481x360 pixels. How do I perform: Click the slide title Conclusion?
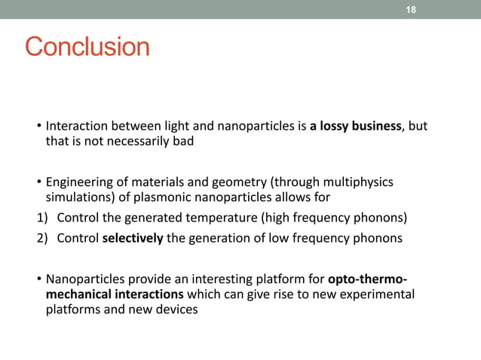coord(87,47)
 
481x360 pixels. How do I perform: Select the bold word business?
coord(379,126)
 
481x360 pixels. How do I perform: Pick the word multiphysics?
coord(355,182)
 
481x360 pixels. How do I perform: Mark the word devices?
coord(179,310)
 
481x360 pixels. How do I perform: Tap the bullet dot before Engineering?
coord(38,184)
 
